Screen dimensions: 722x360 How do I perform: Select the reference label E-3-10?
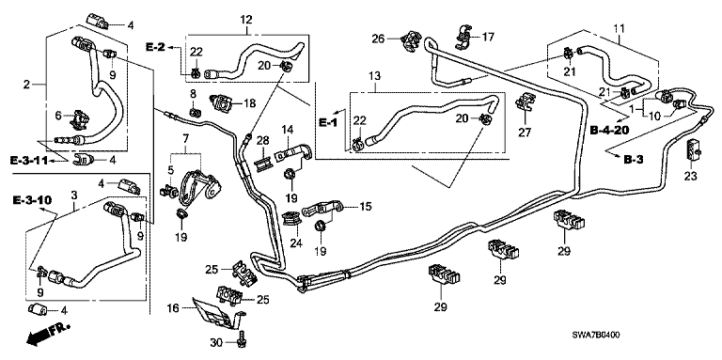(x=32, y=200)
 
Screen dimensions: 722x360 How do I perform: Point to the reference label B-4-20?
(x=609, y=131)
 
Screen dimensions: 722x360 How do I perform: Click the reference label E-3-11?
(x=29, y=161)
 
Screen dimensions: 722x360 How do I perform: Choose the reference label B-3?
(x=633, y=159)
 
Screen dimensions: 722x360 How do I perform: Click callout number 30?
(x=215, y=342)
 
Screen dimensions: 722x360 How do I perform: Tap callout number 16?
(x=172, y=308)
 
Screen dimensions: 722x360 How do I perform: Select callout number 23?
(x=691, y=176)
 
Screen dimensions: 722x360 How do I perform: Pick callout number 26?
(x=379, y=39)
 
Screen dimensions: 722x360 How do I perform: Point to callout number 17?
(x=487, y=37)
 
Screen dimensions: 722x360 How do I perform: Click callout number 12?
(x=246, y=20)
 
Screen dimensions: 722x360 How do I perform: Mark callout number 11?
(x=619, y=28)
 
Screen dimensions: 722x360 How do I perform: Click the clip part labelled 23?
(x=692, y=149)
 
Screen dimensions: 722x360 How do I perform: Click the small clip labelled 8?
(x=195, y=112)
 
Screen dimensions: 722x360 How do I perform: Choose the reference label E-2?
(x=156, y=46)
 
